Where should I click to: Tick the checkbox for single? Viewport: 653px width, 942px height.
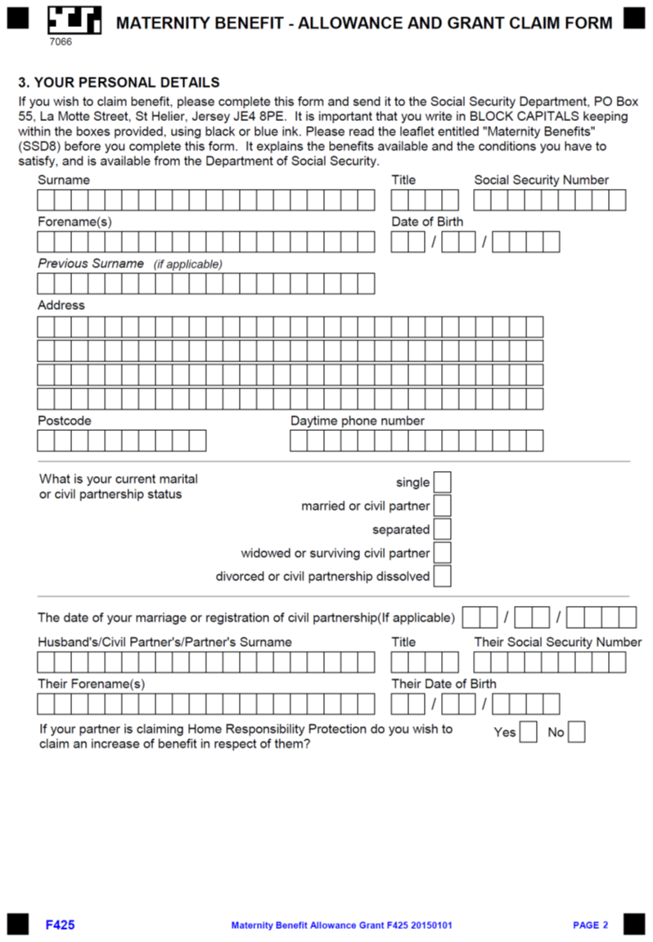(442, 482)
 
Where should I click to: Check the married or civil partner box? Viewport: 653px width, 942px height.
(442, 506)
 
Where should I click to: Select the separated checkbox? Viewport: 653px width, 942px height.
(442, 529)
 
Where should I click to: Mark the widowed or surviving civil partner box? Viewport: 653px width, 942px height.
(442, 553)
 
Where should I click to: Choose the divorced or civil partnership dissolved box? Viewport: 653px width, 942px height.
(442, 576)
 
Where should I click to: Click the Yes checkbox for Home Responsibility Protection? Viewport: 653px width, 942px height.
(529, 732)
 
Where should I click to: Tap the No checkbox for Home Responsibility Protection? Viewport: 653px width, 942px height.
(577, 732)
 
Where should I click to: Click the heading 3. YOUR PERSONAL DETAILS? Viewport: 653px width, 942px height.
(119, 83)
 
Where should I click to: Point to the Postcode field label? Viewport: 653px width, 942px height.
(65, 420)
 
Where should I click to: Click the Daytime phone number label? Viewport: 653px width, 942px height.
(358, 420)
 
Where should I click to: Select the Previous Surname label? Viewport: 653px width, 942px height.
(91, 263)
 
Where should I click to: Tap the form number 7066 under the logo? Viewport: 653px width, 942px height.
(61, 42)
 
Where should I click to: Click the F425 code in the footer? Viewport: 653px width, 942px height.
(60, 925)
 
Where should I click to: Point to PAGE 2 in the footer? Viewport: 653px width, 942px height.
(590, 925)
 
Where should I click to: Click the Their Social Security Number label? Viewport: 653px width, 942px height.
(557, 642)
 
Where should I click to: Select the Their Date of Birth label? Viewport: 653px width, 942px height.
(444, 684)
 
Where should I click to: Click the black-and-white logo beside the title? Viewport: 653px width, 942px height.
(74, 20)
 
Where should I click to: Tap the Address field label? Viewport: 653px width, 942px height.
(61, 305)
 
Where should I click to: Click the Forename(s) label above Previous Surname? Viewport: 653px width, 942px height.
(74, 222)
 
